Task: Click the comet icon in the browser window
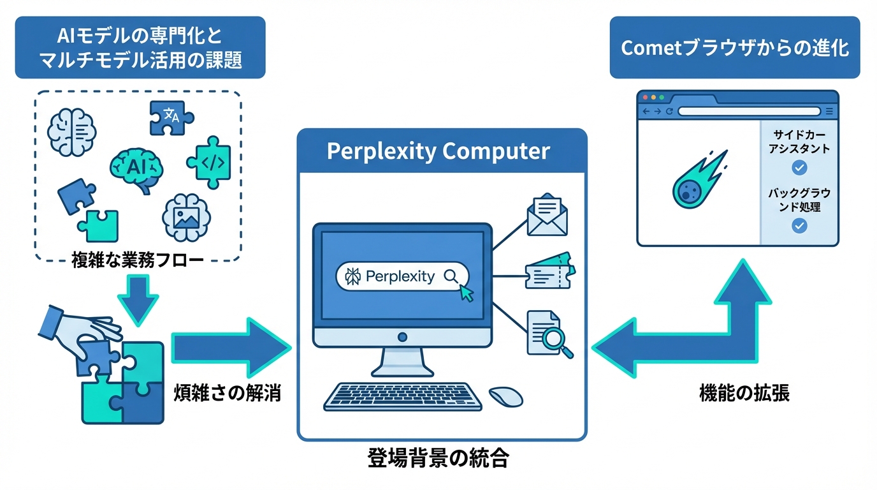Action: [699, 181]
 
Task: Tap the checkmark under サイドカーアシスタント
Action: [799, 167]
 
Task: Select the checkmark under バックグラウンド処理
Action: [799, 225]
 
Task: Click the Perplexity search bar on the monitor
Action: [402, 276]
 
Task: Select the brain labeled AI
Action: [137, 168]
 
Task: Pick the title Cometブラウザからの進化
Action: [735, 48]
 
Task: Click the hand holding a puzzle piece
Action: [80, 332]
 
